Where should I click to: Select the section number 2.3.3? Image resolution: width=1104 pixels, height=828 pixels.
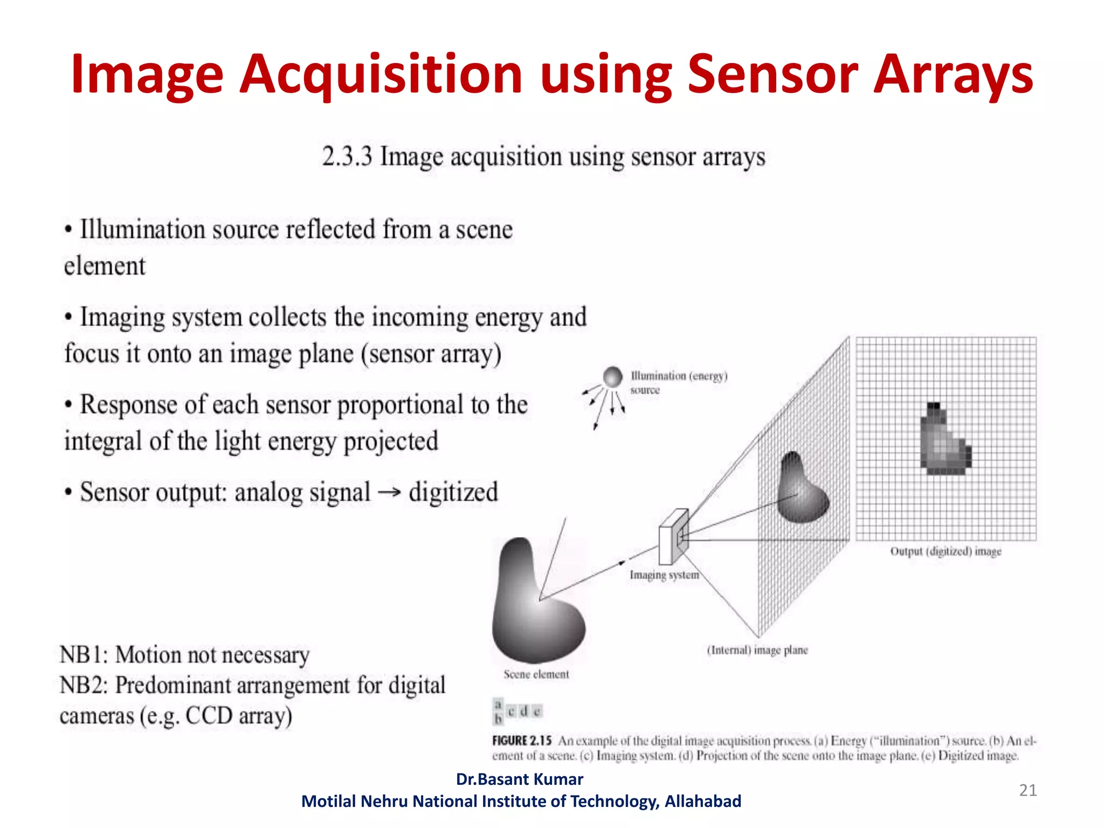pos(347,157)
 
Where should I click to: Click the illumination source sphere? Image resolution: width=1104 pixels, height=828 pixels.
pos(612,377)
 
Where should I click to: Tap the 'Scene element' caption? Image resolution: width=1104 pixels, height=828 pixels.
pos(536,674)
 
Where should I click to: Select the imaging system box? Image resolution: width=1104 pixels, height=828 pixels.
pos(673,537)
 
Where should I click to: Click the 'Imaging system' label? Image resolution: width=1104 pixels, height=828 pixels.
pos(664,575)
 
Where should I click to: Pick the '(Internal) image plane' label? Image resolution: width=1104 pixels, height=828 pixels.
pos(757,650)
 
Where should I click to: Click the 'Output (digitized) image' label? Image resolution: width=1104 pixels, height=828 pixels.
pos(946,551)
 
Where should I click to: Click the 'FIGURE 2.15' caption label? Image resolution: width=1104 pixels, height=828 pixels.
pos(521,741)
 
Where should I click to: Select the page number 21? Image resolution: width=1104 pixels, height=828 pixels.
pos(1027,790)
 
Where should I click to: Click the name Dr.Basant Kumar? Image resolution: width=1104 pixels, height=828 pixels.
pos(519,779)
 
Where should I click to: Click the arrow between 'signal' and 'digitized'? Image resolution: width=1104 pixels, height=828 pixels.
pos(389,492)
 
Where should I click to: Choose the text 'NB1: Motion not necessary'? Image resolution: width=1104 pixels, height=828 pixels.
pos(184,655)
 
